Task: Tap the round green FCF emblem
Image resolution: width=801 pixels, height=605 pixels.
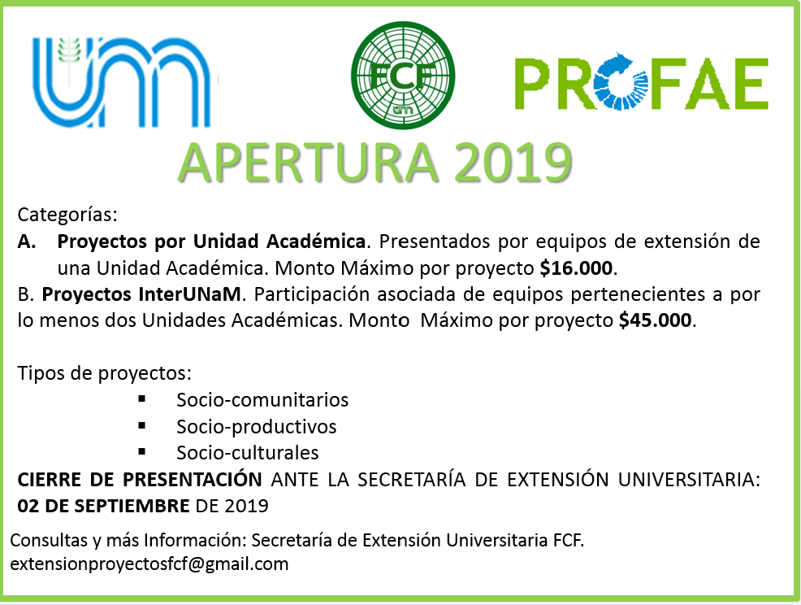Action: [x=403, y=75]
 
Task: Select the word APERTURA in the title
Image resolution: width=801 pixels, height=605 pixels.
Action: [x=308, y=163]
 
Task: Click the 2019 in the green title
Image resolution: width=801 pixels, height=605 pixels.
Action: [x=513, y=163]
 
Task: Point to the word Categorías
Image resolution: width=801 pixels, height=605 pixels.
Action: [x=67, y=215]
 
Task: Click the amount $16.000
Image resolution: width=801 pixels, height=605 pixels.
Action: [x=576, y=268]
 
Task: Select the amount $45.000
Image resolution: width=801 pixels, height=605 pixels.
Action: [x=655, y=320]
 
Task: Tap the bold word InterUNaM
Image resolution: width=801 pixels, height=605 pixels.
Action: [x=189, y=294]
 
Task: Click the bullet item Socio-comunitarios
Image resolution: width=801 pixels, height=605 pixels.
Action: [x=262, y=400]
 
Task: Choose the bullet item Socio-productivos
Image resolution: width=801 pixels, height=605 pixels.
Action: [x=257, y=427]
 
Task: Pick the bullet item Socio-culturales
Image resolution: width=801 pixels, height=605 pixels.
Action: [x=248, y=453]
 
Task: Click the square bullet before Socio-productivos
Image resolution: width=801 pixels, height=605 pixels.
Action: [x=142, y=425]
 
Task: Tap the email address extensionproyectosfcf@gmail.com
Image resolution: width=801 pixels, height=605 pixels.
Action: [x=149, y=564]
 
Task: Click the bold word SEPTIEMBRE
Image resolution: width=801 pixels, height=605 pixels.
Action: [x=132, y=506]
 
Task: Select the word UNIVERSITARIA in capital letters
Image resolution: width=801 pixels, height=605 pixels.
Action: [x=689, y=480]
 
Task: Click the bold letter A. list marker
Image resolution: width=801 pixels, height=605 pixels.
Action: [x=27, y=242]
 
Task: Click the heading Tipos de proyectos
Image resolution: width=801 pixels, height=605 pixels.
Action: [x=104, y=374]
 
